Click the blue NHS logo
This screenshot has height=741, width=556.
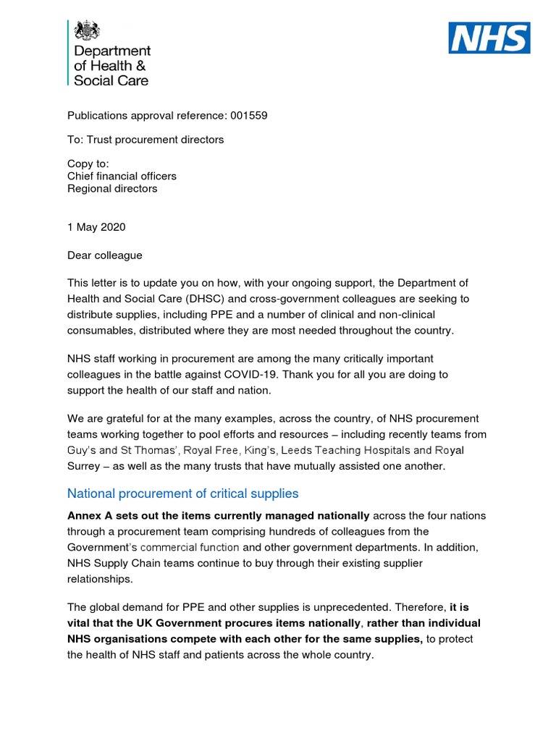pos(489,38)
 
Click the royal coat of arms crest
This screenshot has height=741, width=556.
pos(88,30)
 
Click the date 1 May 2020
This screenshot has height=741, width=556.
pos(96,227)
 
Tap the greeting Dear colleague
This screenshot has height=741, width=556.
pos(105,255)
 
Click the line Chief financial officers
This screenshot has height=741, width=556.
pos(122,176)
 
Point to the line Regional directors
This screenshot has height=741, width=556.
pos(112,189)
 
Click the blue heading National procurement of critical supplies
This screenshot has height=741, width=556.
pos(182,494)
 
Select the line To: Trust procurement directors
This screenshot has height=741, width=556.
pos(146,140)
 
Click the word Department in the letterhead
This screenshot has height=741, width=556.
pos(112,51)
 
